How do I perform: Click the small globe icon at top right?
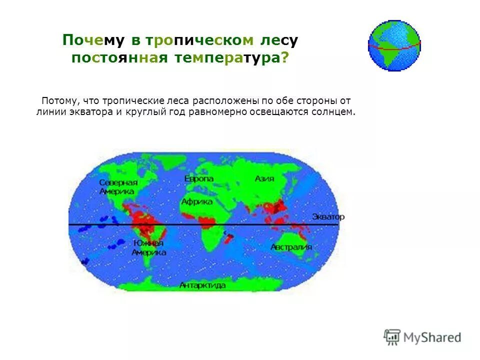pos(394,45)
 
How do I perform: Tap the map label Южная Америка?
pos(148,247)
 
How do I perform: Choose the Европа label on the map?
pos(198,178)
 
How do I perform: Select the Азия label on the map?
pos(264,178)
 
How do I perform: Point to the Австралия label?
pos(291,247)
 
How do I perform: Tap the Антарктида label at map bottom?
pos(202,285)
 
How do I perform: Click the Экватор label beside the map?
pos(328,217)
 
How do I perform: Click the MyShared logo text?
pos(432,337)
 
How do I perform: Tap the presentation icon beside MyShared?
pos(392,337)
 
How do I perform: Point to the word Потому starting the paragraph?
pos(59,100)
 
